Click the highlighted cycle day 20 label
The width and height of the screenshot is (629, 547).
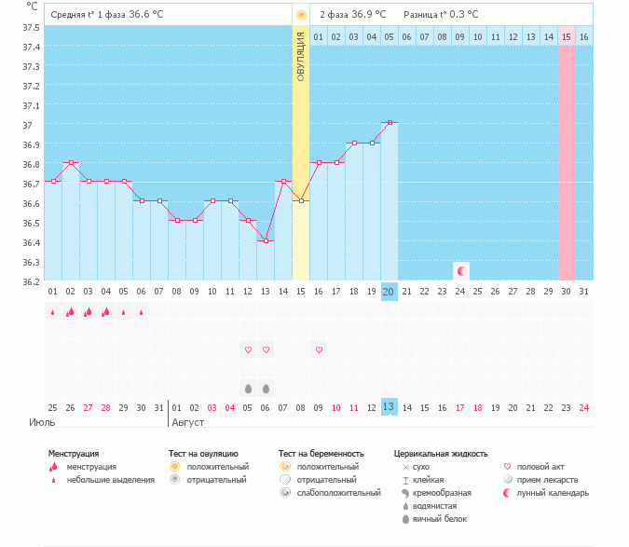[390, 292]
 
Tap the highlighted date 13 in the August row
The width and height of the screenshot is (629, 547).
[390, 407]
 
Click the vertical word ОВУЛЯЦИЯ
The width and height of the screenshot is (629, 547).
[301, 56]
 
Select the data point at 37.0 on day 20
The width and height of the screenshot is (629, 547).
[390, 122]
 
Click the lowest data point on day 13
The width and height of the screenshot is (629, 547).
[266, 240]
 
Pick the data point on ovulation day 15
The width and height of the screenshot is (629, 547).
[301, 200]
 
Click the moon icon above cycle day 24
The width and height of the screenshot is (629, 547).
[460, 270]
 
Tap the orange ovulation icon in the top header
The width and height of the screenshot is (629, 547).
[301, 15]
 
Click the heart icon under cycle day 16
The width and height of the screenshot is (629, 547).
[319, 349]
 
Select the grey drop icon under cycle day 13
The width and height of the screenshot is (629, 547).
[266, 388]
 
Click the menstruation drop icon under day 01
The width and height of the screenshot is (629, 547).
[53, 312]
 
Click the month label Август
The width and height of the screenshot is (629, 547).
[188, 422]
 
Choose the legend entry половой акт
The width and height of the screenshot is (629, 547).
[540, 466]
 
